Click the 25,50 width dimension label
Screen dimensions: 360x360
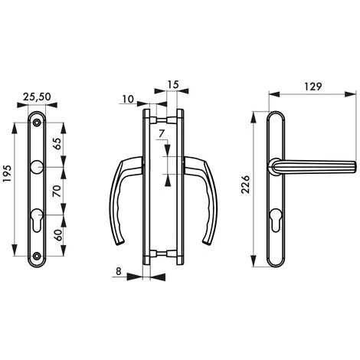(37, 97)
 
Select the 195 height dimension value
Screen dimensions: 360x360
(8, 174)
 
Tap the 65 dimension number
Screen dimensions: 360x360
(57, 143)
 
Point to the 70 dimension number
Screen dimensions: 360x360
(57, 191)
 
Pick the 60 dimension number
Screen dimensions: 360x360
(58, 235)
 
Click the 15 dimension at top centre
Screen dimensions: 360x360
(173, 84)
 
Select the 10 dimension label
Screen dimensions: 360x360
(128, 99)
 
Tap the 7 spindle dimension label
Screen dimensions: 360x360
(161, 134)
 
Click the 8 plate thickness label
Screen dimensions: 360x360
(119, 271)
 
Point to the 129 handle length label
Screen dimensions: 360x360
(313, 87)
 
